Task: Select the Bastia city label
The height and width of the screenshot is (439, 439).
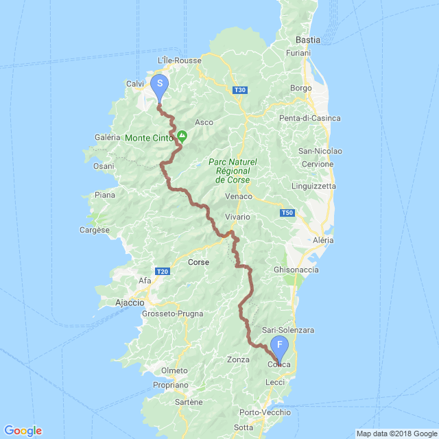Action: (x=307, y=40)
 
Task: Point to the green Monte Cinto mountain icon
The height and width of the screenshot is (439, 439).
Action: (x=182, y=137)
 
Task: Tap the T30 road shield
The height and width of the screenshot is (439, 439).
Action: (x=239, y=90)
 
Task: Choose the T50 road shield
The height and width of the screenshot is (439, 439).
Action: (x=287, y=213)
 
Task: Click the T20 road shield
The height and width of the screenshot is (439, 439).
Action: (x=162, y=272)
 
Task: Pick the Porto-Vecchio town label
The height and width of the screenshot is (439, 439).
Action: (x=265, y=412)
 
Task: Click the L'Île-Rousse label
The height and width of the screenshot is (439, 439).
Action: (x=179, y=60)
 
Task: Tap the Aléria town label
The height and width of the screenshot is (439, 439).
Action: (x=322, y=240)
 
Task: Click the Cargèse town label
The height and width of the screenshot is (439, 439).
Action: (x=95, y=230)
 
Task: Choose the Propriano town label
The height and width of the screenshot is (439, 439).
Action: (x=166, y=386)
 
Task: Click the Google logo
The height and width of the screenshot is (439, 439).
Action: (x=23, y=431)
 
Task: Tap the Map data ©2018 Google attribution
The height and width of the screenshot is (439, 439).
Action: (x=395, y=433)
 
